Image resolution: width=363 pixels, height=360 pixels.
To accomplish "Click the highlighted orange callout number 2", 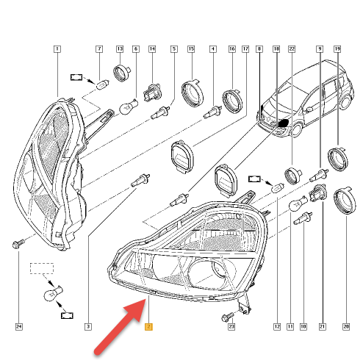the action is [x=148, y=327].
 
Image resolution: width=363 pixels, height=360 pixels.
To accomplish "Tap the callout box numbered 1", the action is [x=57, y=49].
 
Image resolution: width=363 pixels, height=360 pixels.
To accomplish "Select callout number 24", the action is [x=19, y=327].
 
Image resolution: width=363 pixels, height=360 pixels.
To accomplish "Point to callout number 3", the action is [x=88, y=327].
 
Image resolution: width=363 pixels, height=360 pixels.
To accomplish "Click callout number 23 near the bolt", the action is [x=231, y=327].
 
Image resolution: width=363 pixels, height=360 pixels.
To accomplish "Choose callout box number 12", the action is [x=277, y=327].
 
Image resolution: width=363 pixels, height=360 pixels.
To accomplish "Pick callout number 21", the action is [x=323, y=327].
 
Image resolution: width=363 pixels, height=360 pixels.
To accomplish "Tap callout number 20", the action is [x=346, y=327].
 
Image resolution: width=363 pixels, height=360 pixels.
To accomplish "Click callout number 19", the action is [x=337, y=49].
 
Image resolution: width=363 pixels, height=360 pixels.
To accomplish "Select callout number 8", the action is [x=259, y=49].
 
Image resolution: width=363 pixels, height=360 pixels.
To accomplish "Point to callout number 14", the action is [x=152, y=49].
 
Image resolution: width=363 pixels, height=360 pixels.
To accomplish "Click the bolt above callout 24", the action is [x=18, y=244].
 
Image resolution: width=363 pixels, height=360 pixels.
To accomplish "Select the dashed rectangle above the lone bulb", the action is [x=42, y=268].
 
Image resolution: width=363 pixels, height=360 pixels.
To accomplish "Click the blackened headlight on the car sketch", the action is [x=283, y=123].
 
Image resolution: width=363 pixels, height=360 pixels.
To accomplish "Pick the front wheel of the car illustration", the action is [x=297, y=130].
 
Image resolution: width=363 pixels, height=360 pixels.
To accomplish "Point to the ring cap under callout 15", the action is [x=193, y=93].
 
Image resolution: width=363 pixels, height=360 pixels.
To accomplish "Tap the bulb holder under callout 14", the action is [x=152, y=93].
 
